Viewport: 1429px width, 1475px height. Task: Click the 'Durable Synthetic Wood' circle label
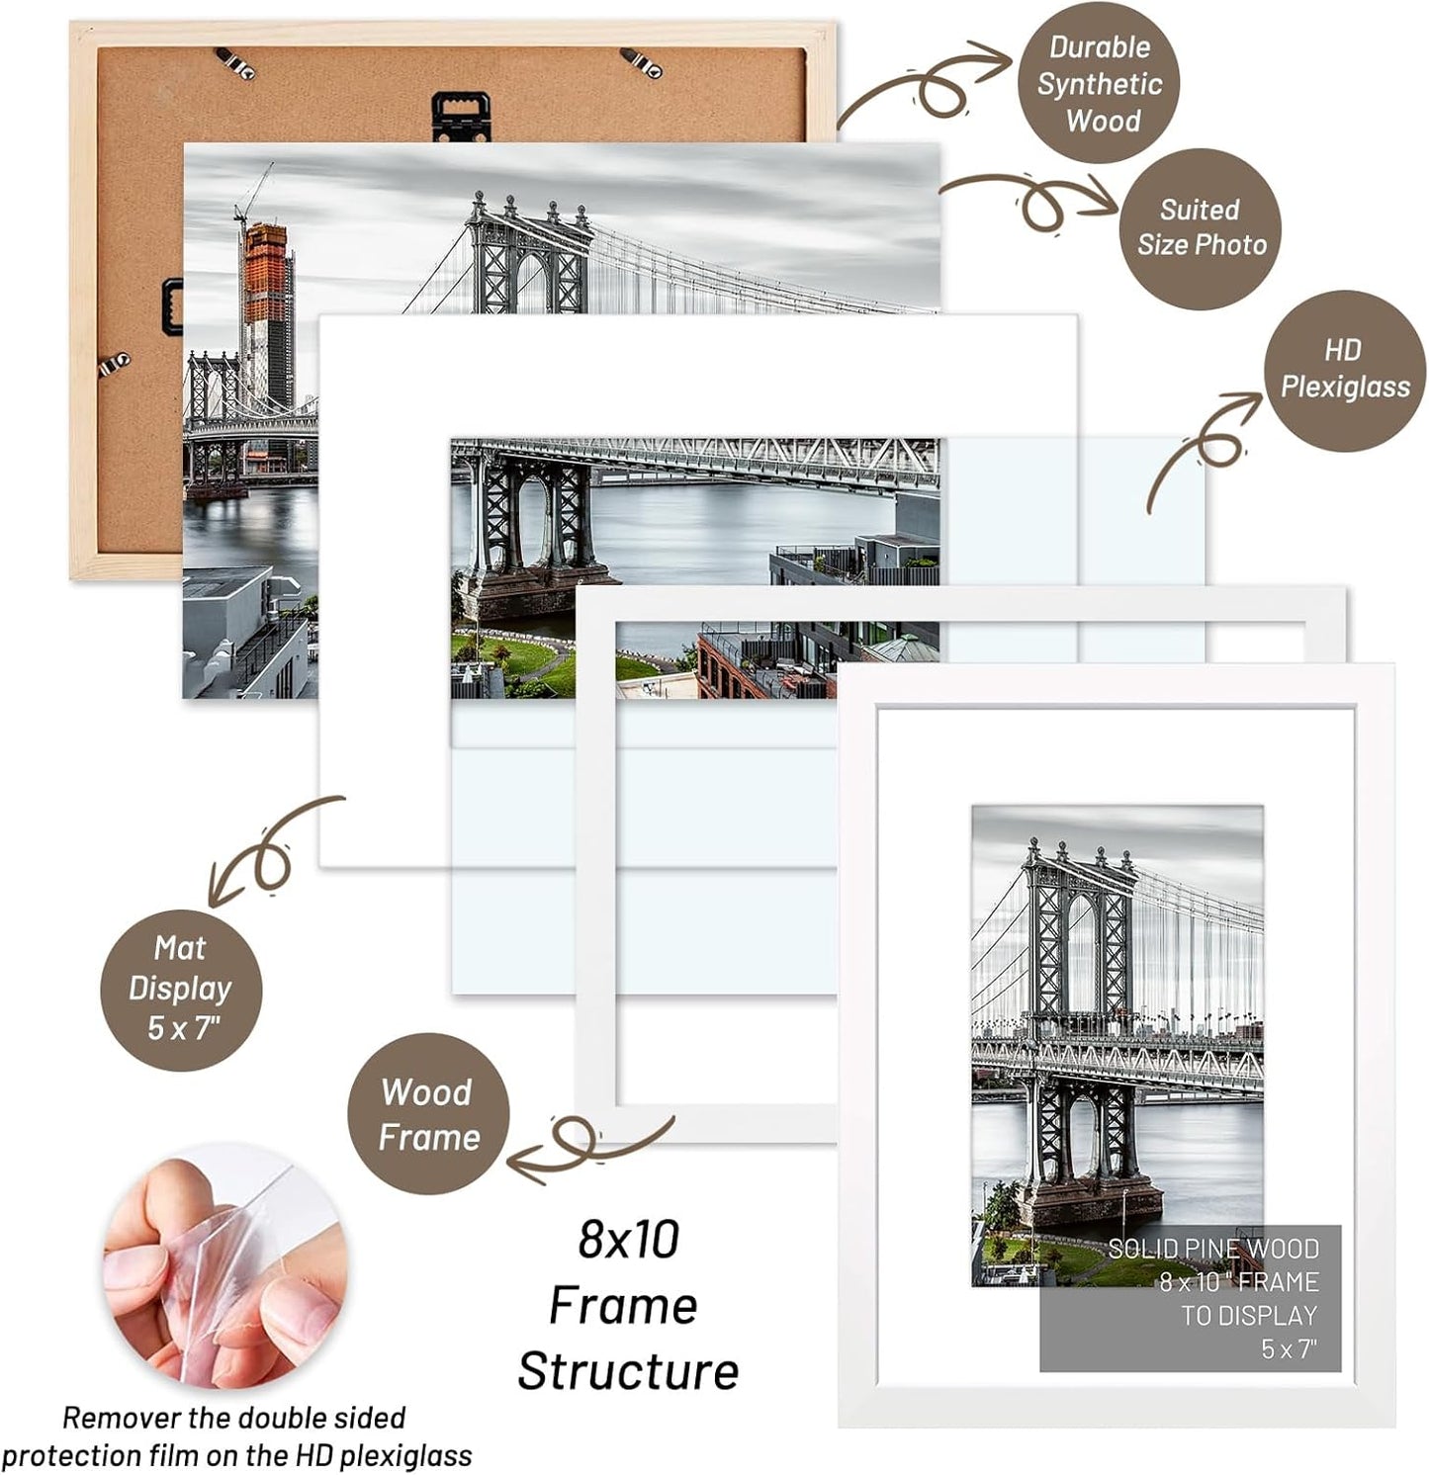1099,84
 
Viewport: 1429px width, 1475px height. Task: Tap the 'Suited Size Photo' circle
1201,228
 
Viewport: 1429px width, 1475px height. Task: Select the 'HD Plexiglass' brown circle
1345,369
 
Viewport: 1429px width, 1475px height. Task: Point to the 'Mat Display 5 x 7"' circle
180,989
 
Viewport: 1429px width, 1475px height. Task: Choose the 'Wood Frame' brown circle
428,1114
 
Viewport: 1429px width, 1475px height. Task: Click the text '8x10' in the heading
629,1239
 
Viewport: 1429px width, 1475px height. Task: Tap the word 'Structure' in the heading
628,1371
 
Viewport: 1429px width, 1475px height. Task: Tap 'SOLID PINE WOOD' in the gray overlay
1212,1249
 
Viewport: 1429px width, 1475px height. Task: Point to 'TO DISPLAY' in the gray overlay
1249,1316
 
